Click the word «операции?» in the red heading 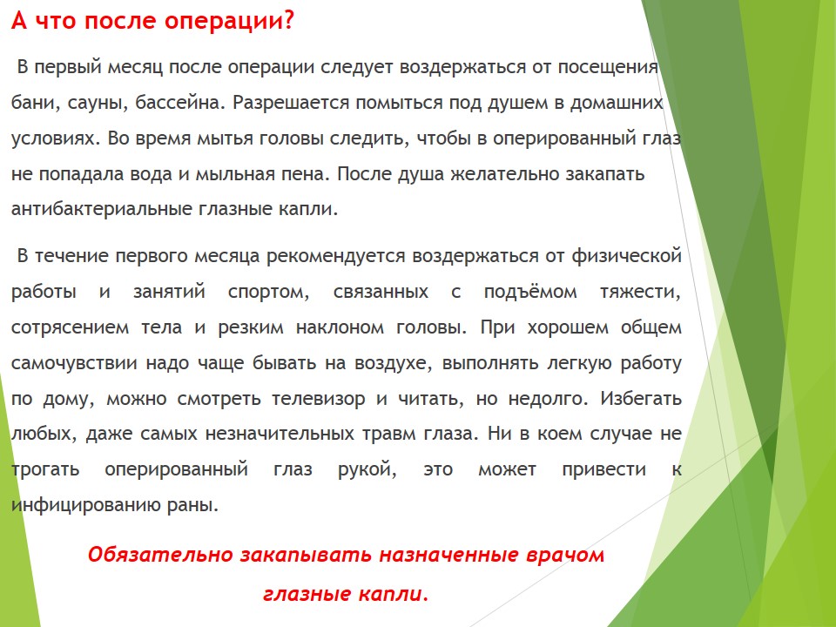pyautogui.click(x=229, y=21)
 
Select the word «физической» pyautogui.click(x=626, y=256)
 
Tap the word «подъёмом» pyautogui.click(x=530, y=291)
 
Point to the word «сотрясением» pyautogui.click(x=70, y=327)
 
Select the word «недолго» pyautogui.click(x=545, y=399)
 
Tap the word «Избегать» pyautogui.click(x=641, y=398)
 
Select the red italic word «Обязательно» pyautogui.click(x=160, y=555)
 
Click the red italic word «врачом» pyautogui.click(x=565, y=555)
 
